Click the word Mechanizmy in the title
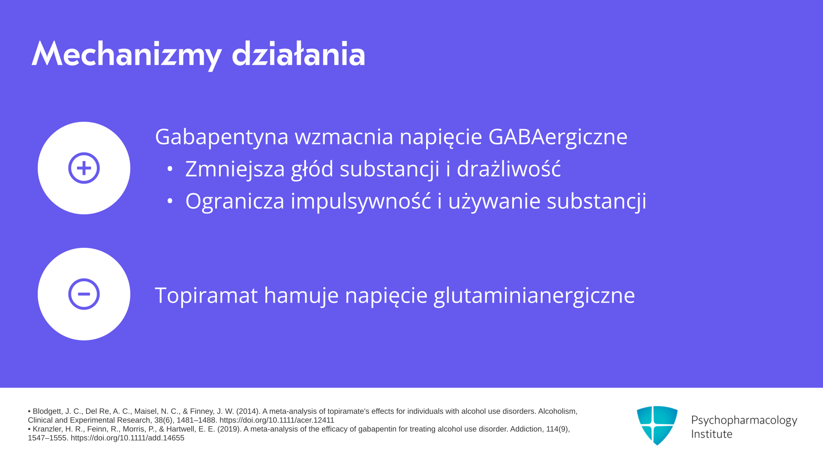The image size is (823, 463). (126, 54)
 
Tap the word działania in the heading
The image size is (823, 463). (298, 54)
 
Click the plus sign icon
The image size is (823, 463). (84, 168)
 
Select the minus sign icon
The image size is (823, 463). (84, 294)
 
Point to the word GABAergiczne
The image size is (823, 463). (558, 137)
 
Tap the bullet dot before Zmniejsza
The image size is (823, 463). (170, 169)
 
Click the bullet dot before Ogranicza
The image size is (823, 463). (170, 201)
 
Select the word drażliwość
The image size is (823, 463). (509, 168)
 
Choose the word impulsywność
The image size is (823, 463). (361, 201)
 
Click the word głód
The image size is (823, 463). (312, 169)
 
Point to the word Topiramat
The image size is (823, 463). (206, 295)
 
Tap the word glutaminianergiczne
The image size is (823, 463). (534, 295)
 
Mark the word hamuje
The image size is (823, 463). (301, 295)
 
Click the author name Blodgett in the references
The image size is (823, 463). (48, 412)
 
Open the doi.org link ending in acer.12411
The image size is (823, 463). (277, 420)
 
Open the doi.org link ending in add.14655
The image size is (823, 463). (127, 438)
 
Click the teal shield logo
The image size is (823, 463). (657, 425)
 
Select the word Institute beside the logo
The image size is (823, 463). (712, 434)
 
